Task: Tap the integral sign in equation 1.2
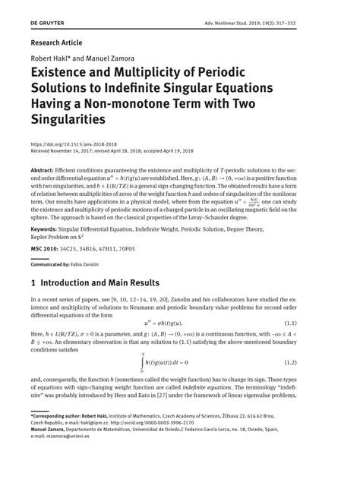(142, 363)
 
